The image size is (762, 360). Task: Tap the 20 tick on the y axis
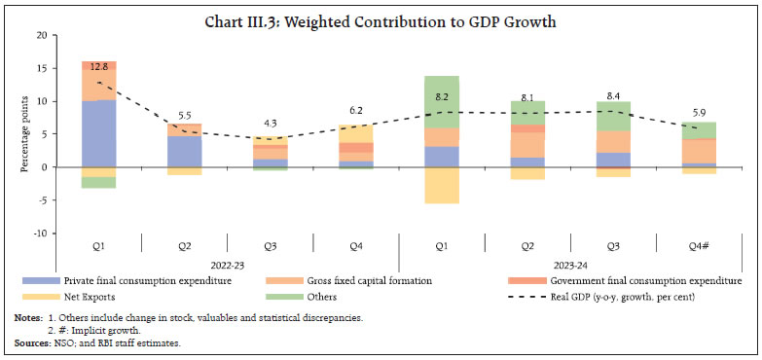click(41, 35)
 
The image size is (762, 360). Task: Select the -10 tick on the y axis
click(38, 234)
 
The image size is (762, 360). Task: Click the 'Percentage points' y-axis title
click(23, 134)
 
